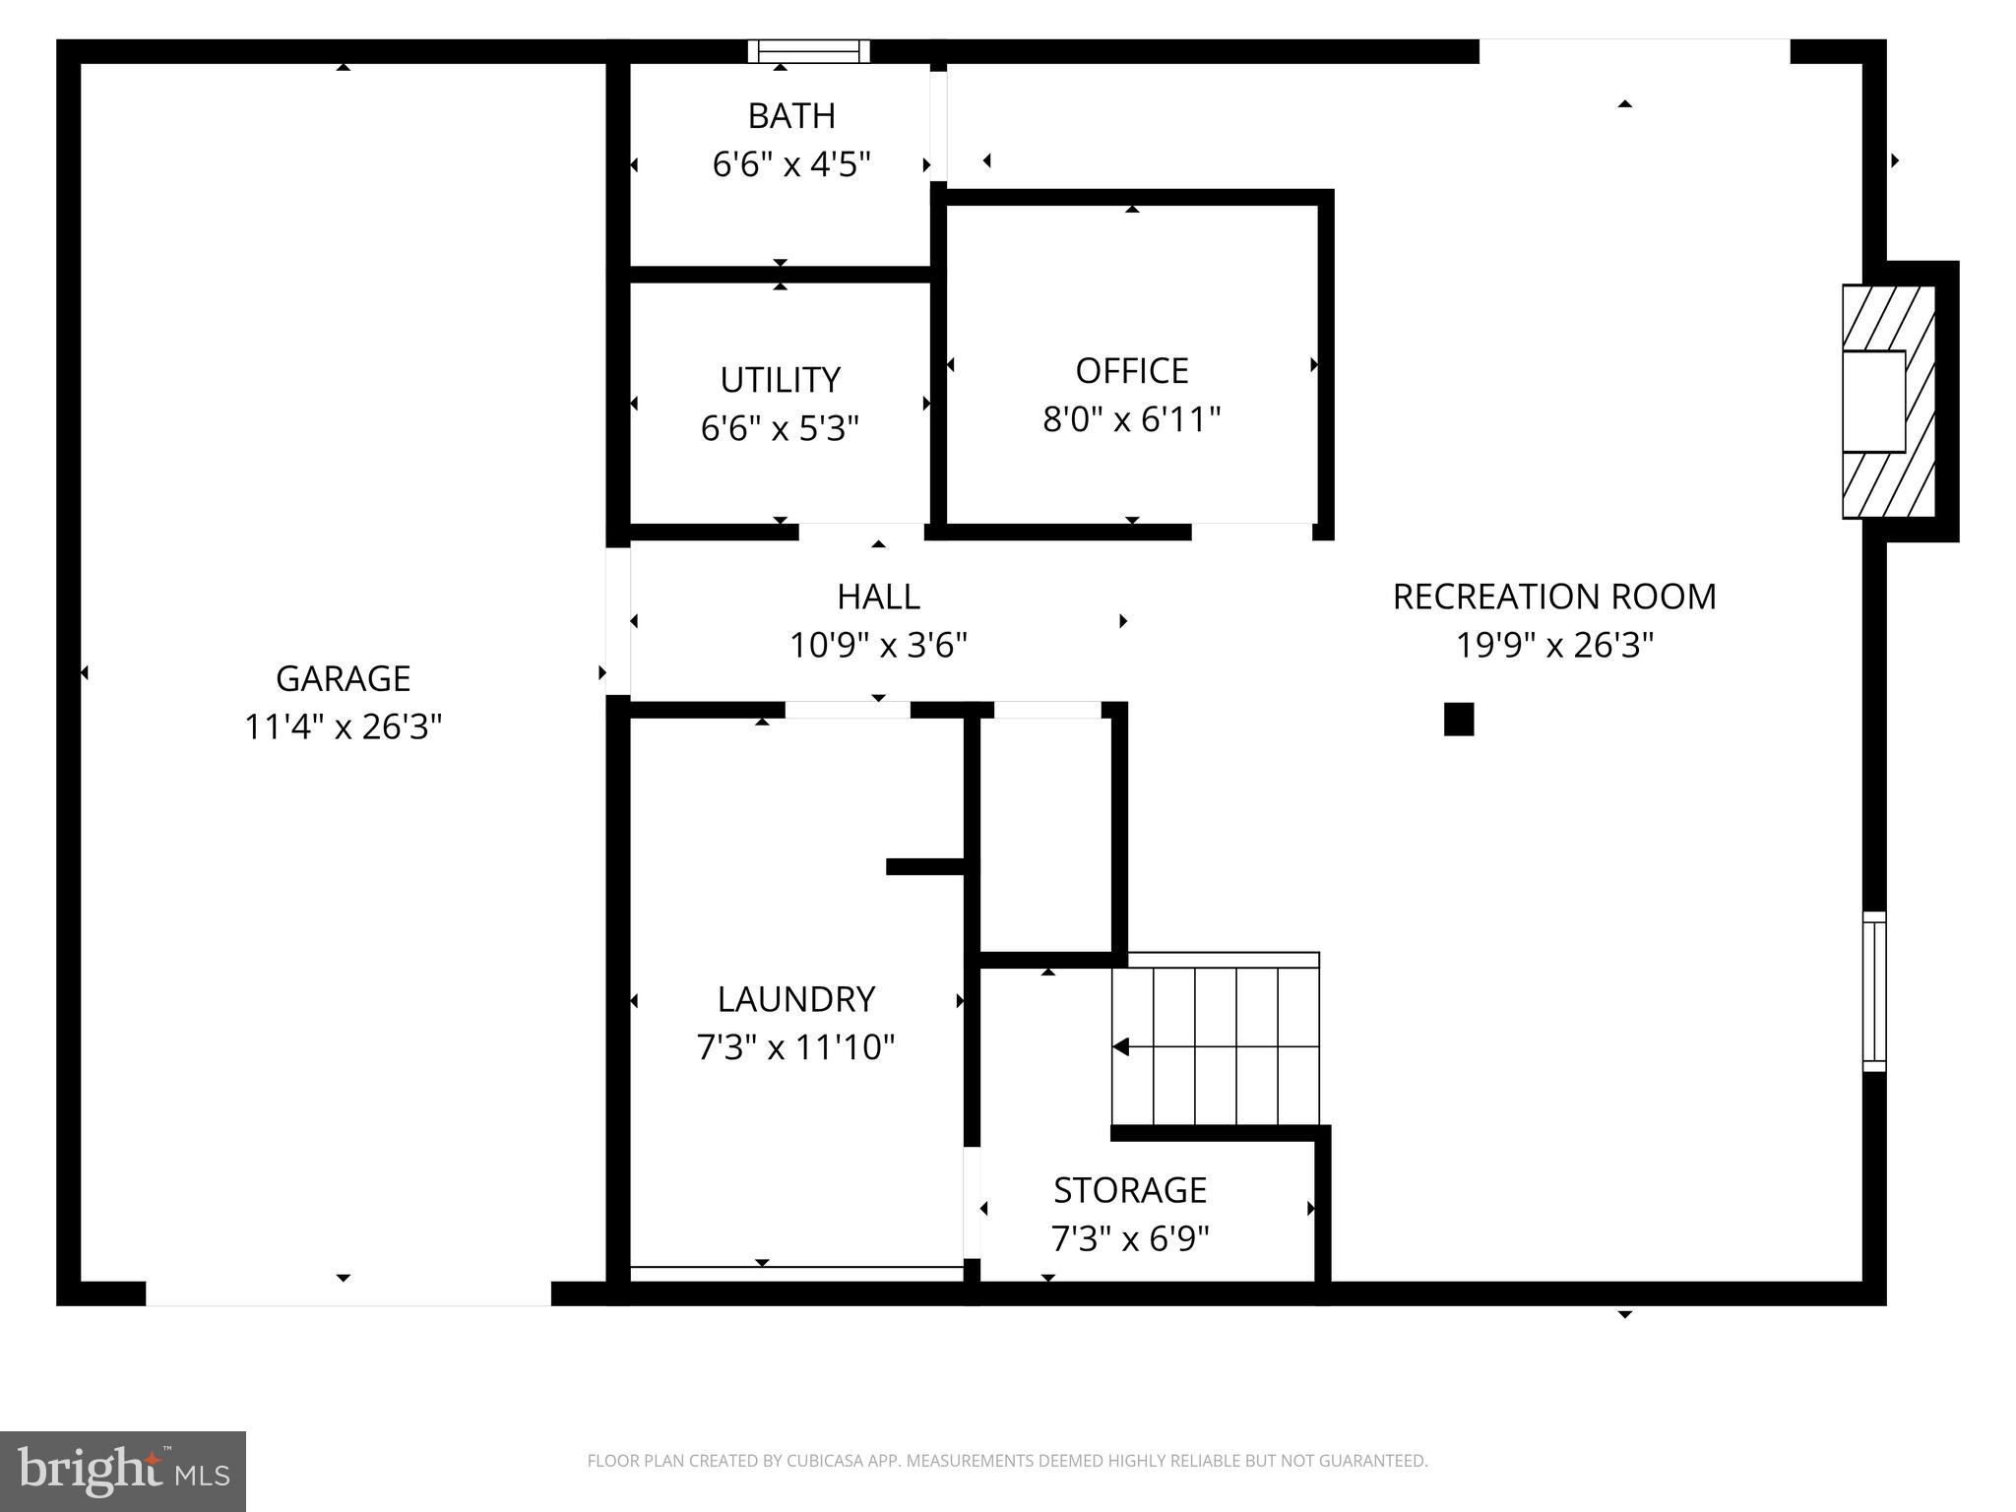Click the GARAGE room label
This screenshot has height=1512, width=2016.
point(343,678)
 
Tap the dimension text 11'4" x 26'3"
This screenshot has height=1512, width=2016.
point(343,727)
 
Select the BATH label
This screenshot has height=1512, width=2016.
point(791,116)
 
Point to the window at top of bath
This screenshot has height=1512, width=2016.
point(809,51)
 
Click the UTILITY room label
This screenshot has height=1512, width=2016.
point(780,380)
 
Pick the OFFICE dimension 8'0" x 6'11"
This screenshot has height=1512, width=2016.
point(1131,420)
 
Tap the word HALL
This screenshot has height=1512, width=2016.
point(878,597)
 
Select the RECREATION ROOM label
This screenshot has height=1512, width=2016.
point(1553,597)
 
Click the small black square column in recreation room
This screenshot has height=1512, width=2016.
point(1458,720)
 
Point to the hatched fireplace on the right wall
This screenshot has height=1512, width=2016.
point(1888,402)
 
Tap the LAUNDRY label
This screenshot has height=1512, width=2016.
point(795,999)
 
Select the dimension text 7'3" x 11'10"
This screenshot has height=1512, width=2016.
point(795,1047)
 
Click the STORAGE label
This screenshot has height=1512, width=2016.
point(1130,1190)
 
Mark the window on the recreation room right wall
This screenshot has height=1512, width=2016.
point(1873,991)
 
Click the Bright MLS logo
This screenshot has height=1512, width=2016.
point(123,1471)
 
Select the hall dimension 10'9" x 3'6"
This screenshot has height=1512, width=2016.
point(878,646)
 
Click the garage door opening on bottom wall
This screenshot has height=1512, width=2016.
point(347,1293)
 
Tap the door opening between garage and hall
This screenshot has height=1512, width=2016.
point(617,620)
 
